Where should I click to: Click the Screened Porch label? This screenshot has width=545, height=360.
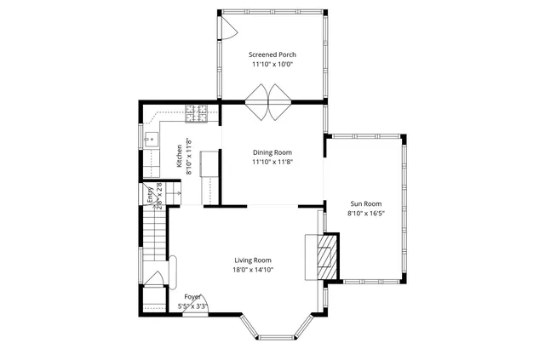click(x=272, y=54)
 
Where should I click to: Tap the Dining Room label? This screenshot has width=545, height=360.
click(x=272, y=152)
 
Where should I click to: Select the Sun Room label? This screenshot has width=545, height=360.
click(x=366, y=204)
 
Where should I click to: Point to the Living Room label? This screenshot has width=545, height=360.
click(x=253, y=260)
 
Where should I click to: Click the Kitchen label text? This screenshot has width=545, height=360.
click(x=179, y=155)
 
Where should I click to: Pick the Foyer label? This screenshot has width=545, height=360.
click(x=192, y=296)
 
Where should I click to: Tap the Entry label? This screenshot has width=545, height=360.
click(x=150, y=193)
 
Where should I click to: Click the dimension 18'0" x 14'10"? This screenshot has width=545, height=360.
click(x=253, y=270)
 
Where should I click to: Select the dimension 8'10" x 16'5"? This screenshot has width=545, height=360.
click(x=366, y=214)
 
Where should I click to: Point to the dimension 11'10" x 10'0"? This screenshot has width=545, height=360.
click(x=272, y=64)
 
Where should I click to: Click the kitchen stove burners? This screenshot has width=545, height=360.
click(x=197, y=111)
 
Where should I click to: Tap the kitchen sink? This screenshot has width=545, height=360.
click(x=152, y=140)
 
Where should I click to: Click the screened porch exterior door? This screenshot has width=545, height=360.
click(x=228, y=28)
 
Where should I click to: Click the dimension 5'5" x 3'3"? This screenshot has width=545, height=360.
click(x=192, y=306)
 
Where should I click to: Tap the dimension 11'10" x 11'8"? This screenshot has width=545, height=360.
click(x=272, y=163)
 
